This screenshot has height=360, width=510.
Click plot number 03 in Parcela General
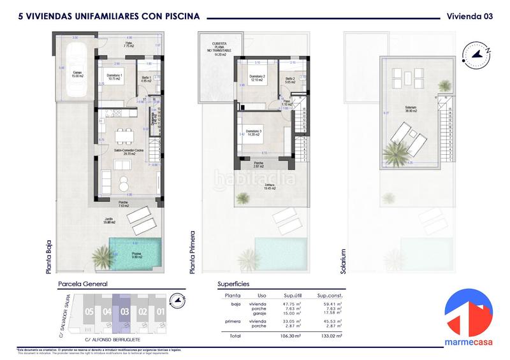tap(125, 312)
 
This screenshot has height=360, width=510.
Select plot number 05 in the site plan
tap(90, 312)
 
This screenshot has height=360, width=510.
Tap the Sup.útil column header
tap(295, 295)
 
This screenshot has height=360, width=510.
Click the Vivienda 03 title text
tap(469, 16)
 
